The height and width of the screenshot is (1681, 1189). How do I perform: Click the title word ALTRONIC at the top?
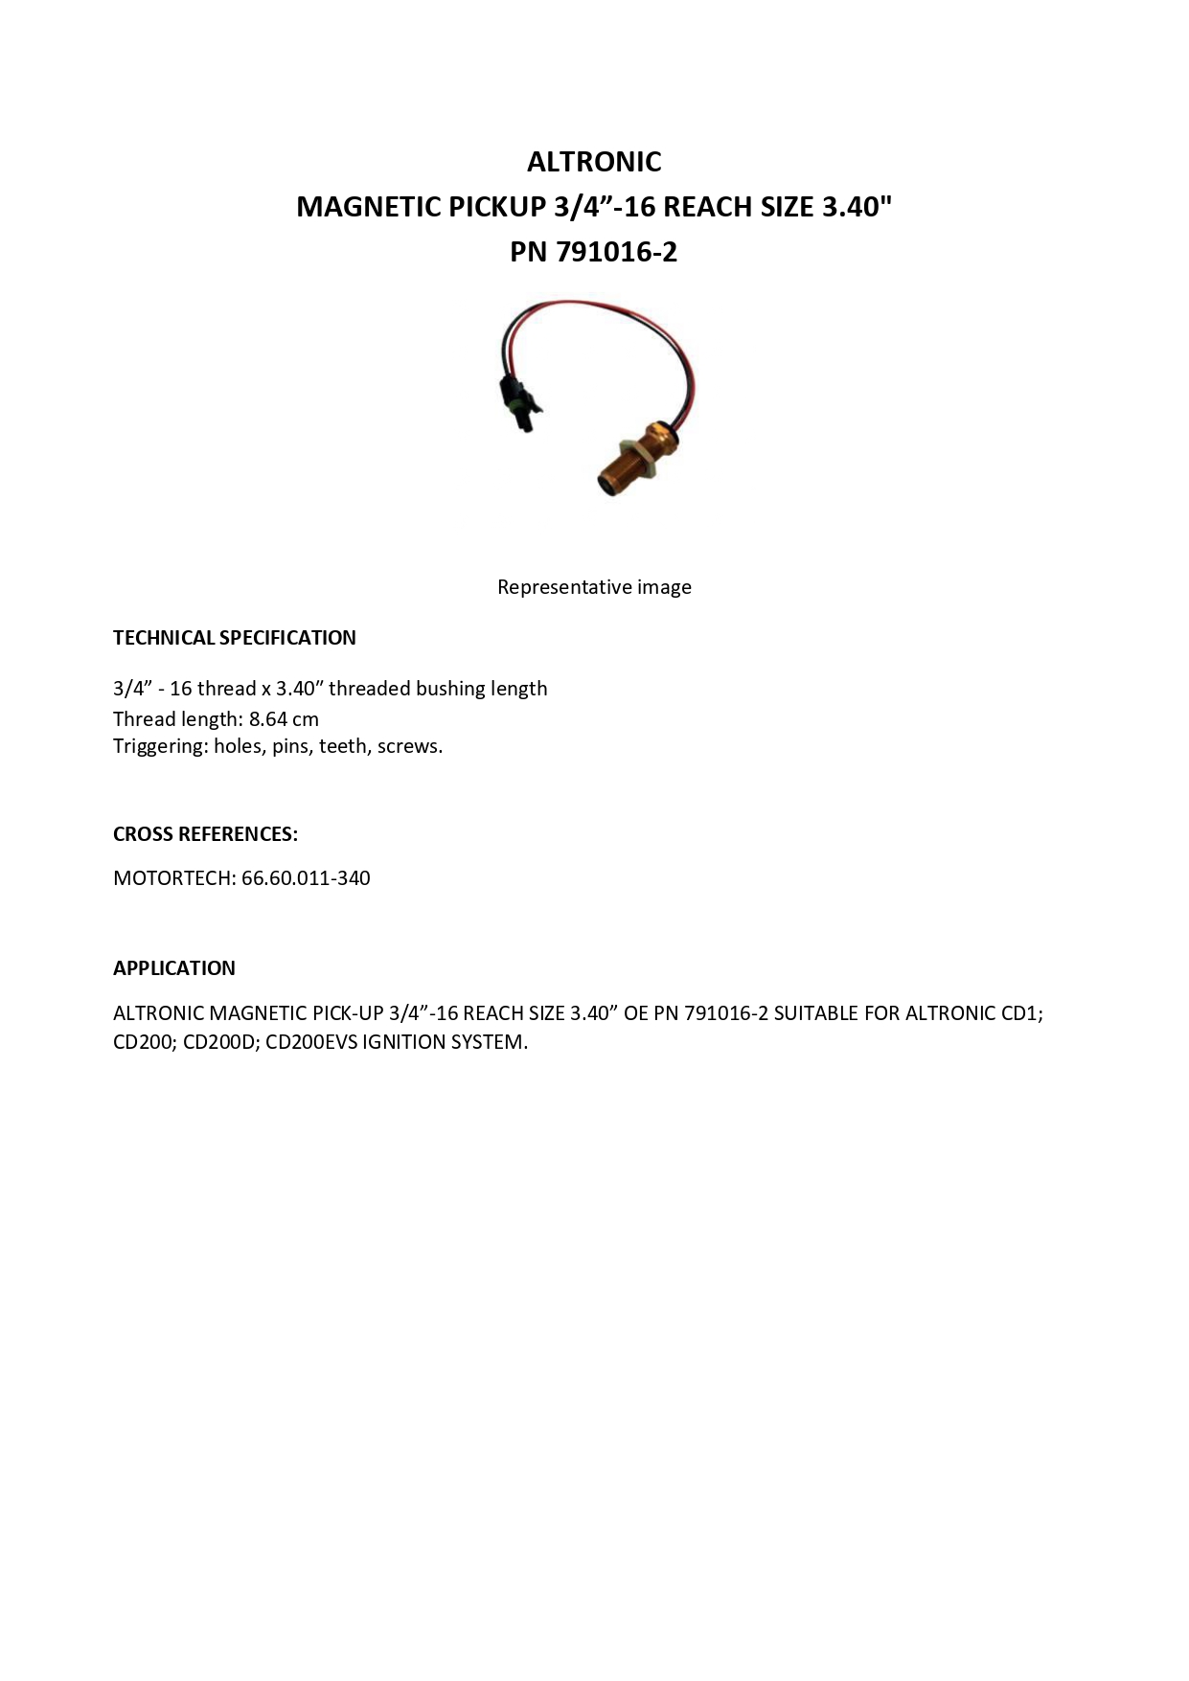(x=594, y=162)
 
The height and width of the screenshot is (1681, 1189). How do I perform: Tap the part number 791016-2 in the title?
(x=616, y=252)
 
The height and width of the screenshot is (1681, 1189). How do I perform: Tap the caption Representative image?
(x=594, y=587)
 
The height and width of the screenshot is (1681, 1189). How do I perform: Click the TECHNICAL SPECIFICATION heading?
(x=235, y=638)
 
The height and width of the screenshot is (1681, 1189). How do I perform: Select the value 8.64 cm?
(x=284, y=719)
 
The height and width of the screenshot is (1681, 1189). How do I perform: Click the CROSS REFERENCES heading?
(x=205, y=834)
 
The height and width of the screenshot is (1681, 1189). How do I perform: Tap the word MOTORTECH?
(x=173, y=878)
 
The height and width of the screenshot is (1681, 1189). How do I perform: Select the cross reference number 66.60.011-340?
(x=306, y=878)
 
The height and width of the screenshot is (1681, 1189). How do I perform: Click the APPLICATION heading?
(x=174, y=968)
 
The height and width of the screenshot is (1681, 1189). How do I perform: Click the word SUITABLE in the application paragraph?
(x=815, y=1013)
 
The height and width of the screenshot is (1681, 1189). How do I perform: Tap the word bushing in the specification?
(x=449, y=689)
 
